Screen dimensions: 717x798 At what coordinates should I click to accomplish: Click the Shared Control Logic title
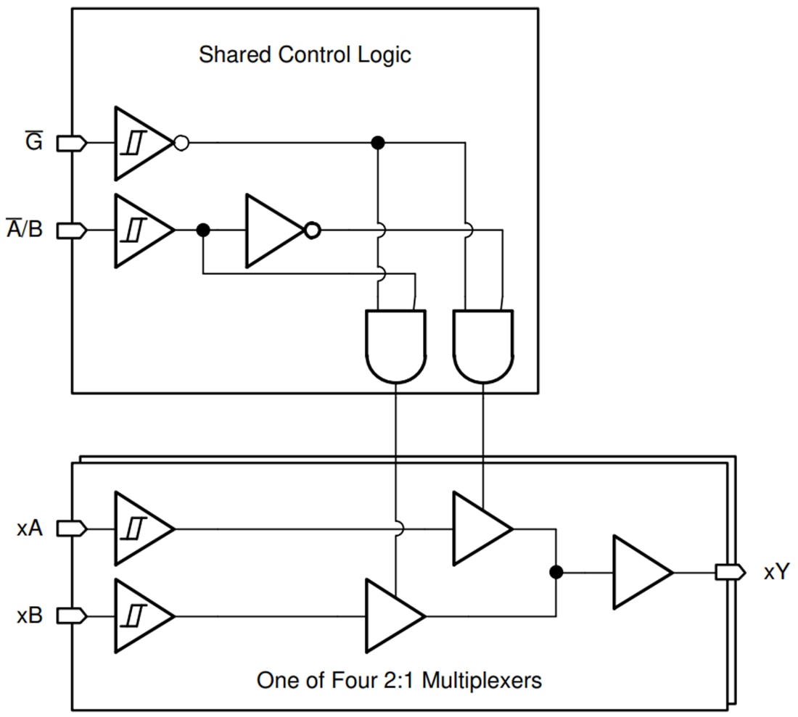pos(305,55)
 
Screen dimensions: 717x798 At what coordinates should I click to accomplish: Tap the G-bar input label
pos(33,143)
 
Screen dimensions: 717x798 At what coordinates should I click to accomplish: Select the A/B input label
pos(25,230)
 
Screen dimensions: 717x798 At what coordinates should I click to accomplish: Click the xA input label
pos(30,529)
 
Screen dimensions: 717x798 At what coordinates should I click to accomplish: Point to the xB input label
pos(30,616)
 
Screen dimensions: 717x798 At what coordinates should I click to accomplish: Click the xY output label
pos(776,572)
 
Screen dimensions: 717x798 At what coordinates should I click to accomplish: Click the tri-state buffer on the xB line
pos(392,616)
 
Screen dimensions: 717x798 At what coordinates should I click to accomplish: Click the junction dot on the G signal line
pos(377,143)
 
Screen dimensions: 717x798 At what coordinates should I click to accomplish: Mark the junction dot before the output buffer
pos(556,572)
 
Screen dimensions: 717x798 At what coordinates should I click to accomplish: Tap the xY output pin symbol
pos(729,572)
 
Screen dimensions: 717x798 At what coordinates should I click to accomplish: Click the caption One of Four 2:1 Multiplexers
pos(399,681)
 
